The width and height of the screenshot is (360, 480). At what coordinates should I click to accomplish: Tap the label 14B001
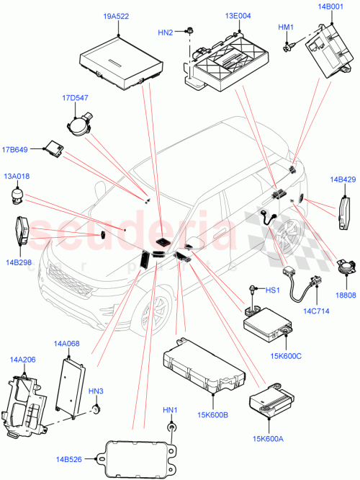(x=330, y=7)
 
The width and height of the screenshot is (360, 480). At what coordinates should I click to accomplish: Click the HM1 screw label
(x=287, y=27)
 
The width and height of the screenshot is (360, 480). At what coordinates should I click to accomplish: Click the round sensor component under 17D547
(x=81, y=124)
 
